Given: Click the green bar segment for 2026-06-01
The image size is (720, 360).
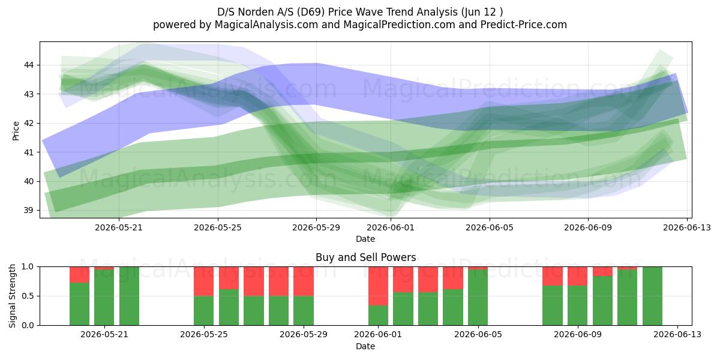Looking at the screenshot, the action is click(x=378, y=316).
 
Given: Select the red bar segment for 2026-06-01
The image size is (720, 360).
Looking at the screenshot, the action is click(x=378, y=286).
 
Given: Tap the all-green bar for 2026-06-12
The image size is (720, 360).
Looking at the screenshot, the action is click(x=653, y=296).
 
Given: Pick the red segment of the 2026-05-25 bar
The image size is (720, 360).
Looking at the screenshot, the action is click(x=203, y=281).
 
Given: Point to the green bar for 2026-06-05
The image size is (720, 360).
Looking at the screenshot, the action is click(x=478, y=298).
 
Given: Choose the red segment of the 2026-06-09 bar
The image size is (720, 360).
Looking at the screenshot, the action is click(x=577, y=276).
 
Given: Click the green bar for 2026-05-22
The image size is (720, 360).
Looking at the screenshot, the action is click(x=129, y=296).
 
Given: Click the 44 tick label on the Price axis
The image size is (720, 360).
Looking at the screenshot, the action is click(x=29, y=65).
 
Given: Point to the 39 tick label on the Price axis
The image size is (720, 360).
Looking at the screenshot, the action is click(x=29, y=211).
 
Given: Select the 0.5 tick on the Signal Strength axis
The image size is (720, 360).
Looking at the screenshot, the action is click(x=28, y=296).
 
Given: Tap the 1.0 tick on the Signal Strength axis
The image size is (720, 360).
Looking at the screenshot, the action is click(x=28, y=267).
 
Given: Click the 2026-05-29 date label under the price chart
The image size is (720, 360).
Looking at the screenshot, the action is click(x=316, y=227).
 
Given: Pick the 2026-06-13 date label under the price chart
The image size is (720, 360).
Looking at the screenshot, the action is click(x=687, y=227).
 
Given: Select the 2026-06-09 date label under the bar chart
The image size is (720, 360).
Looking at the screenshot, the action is click(x=578, y=335).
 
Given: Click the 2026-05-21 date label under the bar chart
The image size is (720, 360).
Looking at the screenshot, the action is click(x=104, y=335).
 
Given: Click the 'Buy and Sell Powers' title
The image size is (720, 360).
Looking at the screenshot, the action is click(x=366, y=257).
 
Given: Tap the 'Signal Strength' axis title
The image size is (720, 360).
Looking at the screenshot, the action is click(x=12, y=296).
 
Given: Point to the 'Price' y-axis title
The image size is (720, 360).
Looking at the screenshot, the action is click(x=16, y=131).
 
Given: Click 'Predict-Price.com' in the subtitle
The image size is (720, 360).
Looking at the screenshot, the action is click(x=524, y=25).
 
